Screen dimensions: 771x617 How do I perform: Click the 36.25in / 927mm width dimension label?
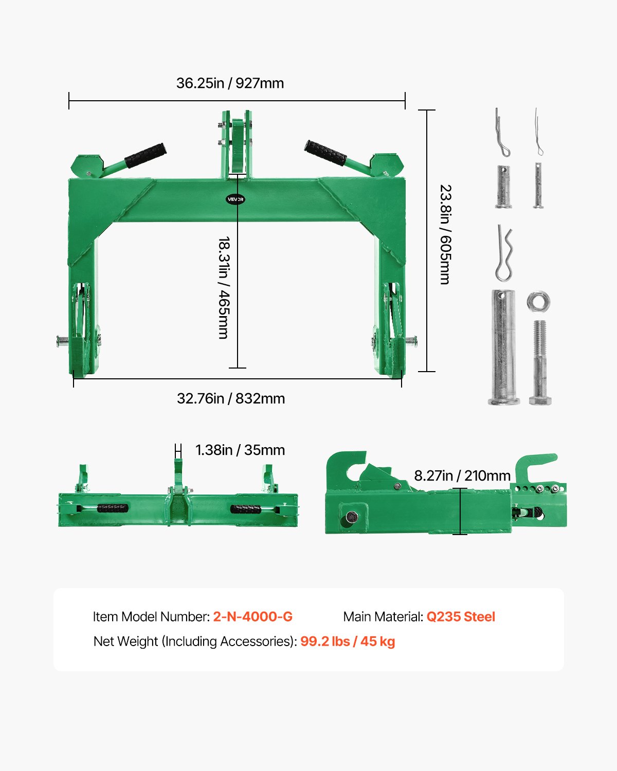point(230,83)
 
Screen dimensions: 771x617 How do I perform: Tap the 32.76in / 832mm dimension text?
point(231,398)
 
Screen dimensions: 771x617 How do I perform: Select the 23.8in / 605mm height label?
point(445,235)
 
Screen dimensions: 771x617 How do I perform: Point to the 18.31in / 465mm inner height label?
point(224,288)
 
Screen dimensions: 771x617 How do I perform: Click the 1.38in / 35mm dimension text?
point(240,450)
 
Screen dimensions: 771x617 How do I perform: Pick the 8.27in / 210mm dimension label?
point(462,475)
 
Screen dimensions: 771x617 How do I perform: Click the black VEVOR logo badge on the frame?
point(235,199)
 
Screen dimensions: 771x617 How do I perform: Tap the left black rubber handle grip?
point(145,155)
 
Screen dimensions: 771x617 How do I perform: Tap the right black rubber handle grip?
point(325,153)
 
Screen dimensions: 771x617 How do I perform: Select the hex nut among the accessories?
point(539,301)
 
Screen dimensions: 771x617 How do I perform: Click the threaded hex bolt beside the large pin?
point(540,362)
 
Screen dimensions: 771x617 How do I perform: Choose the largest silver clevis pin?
point(503,347)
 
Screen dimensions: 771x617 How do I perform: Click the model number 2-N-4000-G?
point(252,617)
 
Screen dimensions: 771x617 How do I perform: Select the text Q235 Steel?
point(461,617)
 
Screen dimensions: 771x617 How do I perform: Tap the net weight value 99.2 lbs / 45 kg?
point(348,641)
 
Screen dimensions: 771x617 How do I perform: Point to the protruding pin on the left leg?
point(63,340)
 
